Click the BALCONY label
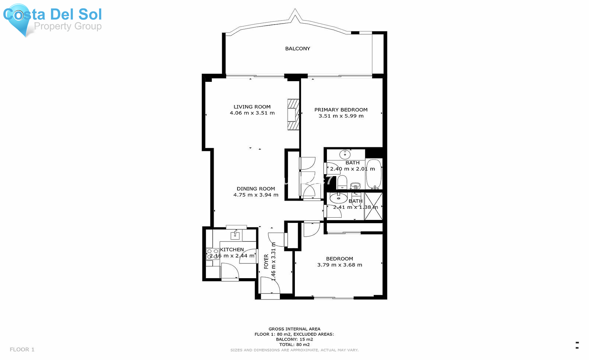click(x=297, y=48)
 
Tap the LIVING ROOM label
click(x=252, y=107)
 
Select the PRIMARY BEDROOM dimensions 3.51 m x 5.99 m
click(x=341, y=116)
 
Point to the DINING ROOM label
click(x=256, y=189)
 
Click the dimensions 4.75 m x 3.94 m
click(x=256, y=195)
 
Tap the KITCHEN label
click(x=232, y=249)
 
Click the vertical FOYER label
click(x=266, y=261)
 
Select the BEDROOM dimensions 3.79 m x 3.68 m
click(x=340, y=265)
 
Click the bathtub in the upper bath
click(x=374, y=174)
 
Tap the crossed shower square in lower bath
click(x=373, y=206)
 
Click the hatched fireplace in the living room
click(x=293, y=115)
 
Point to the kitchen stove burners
click(x=212, y=254)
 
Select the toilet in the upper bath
click(x=342, y=182)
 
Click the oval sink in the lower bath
click(x=338, y=198)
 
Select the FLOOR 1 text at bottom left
click(x=22, y=350)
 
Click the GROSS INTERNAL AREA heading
click(x=294, y=329)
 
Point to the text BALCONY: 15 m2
click(x=294, y=339)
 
